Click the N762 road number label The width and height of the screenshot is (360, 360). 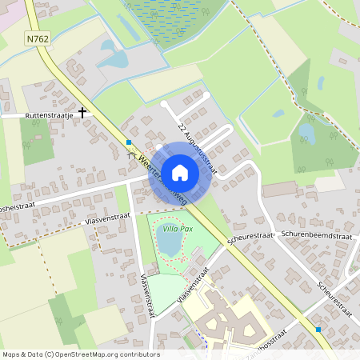(37, 38)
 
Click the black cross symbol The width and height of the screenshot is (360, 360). (82, 113)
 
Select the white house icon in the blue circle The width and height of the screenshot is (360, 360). (180, 173)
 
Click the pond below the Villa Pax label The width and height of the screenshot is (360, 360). (170, 244)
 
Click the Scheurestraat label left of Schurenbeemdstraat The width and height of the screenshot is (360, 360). (250, 237)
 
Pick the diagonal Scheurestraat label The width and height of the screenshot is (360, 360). (334, 298)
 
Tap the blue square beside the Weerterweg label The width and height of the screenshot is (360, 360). (129, 143)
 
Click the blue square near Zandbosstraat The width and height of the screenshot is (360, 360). (318, 330)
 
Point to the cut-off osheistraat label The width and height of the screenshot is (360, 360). (22, 206)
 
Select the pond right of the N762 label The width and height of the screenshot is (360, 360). (112, 58)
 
